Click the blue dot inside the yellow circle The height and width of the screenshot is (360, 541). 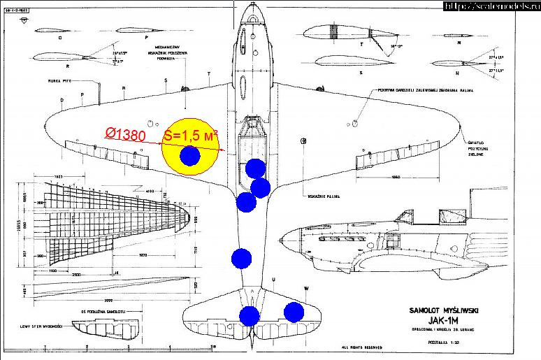point(189,157)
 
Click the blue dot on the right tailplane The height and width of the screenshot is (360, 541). point(294,312)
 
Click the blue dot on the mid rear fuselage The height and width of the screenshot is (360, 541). point(241,258)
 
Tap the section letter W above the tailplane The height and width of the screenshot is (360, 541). point(305,287)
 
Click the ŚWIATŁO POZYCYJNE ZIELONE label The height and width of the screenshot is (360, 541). point(479,150)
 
